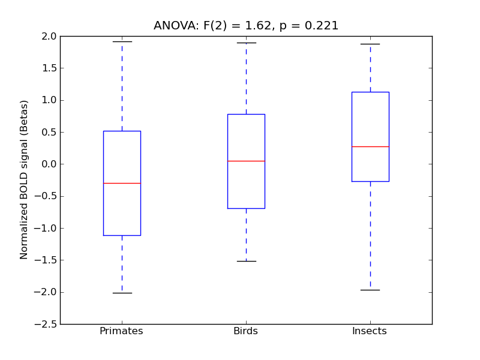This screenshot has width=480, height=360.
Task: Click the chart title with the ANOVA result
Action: [x=246, y=26]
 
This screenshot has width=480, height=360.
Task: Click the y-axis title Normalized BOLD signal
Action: [x=24, y=180]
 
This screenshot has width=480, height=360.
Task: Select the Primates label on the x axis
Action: [x=121, y=331]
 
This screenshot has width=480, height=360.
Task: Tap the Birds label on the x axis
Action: [x=245, y=331]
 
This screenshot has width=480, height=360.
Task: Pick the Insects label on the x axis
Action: [x=370, y=331]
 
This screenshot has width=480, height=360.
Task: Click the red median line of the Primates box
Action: [x=122, y=183]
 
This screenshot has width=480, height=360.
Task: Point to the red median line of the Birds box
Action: [x=246, y=161]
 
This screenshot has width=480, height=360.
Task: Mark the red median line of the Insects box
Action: [x=370, y=146]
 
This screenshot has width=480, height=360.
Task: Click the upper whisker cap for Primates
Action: [x=122, y=41]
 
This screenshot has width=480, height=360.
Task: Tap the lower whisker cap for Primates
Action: [x=122, y=293]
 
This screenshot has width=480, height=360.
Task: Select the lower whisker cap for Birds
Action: [x=246, y=261]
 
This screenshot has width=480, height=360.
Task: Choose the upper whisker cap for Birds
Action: [x=246, y=43]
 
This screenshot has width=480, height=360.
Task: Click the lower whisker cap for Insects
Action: [x=370, y=290]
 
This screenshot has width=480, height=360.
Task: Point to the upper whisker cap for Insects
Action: [x=370, y=44]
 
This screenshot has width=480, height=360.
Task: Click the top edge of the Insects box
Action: [x=370, y=92]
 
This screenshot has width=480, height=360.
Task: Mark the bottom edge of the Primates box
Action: [x=122, y=235]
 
